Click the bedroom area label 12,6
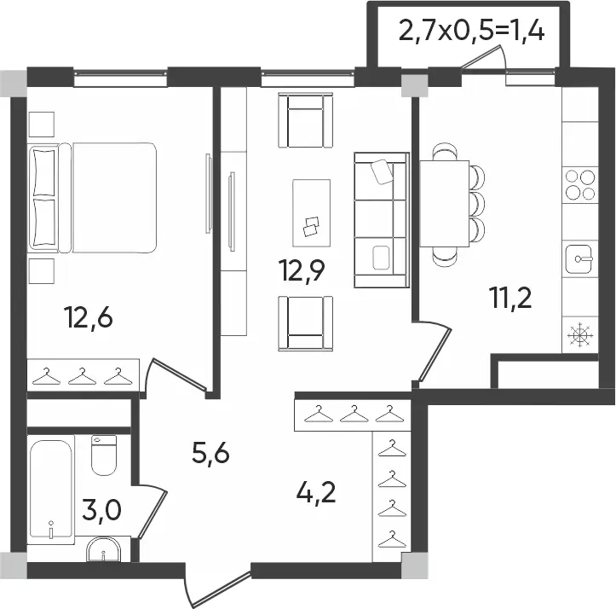(89, 318)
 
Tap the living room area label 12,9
(302, 270)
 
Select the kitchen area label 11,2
(510, 298)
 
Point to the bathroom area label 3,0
(101, 510)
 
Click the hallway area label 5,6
(210, 454)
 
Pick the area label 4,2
(316, 492)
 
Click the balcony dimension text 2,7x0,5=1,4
(471, 31)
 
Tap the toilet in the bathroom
(104, 455)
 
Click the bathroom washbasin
(104, 549)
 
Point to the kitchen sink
(579, 258)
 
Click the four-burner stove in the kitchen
(580, 185)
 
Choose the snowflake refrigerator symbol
(579, 335)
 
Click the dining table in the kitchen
(445, 203)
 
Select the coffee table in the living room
(311, 213)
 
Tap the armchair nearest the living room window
(305, 120)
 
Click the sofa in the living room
(382, 220)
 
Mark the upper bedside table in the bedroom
(41, 125)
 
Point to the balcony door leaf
(482, 57)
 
